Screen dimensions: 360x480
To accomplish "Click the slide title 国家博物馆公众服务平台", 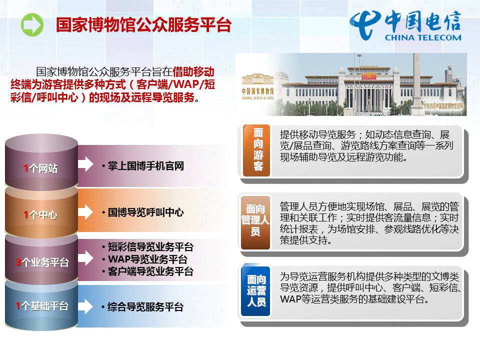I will coord(143,25).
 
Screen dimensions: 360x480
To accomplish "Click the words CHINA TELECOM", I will coord(423,37).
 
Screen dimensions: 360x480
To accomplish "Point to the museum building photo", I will coord(351,85).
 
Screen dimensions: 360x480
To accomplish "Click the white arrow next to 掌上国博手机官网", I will coord(85,164).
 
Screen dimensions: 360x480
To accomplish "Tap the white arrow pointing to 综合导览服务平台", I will coord(85,306).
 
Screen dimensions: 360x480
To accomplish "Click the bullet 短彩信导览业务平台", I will coord(150,247).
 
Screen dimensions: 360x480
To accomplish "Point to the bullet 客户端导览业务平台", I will coord(150,271).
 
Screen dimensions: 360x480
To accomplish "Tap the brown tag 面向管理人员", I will coord(255,220).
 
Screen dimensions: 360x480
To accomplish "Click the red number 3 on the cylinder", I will coord(18,261).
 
